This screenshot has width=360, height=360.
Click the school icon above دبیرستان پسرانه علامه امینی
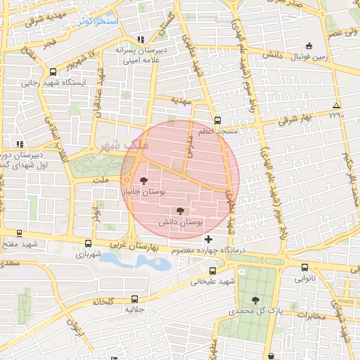[x=141, y=40]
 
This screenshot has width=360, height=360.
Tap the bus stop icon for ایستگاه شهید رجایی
[x=53, y=72]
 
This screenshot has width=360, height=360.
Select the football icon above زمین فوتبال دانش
[x=309, y=46]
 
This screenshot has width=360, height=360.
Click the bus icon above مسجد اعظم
[x=217, y=120]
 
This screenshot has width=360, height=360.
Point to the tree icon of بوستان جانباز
[x=144, y=180]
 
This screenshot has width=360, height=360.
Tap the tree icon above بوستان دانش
[x=180, y=210]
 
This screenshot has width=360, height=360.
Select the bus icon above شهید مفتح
[x=19, y=233]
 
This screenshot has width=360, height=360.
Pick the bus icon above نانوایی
[x=304, y=267]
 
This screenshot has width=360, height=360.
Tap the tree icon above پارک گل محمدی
[x=255, y=300]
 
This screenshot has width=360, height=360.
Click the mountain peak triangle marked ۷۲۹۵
[x=335, y=106]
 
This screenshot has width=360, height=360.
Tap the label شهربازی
[x=89, y=253]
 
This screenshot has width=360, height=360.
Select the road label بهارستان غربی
[x=136, y=247]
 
